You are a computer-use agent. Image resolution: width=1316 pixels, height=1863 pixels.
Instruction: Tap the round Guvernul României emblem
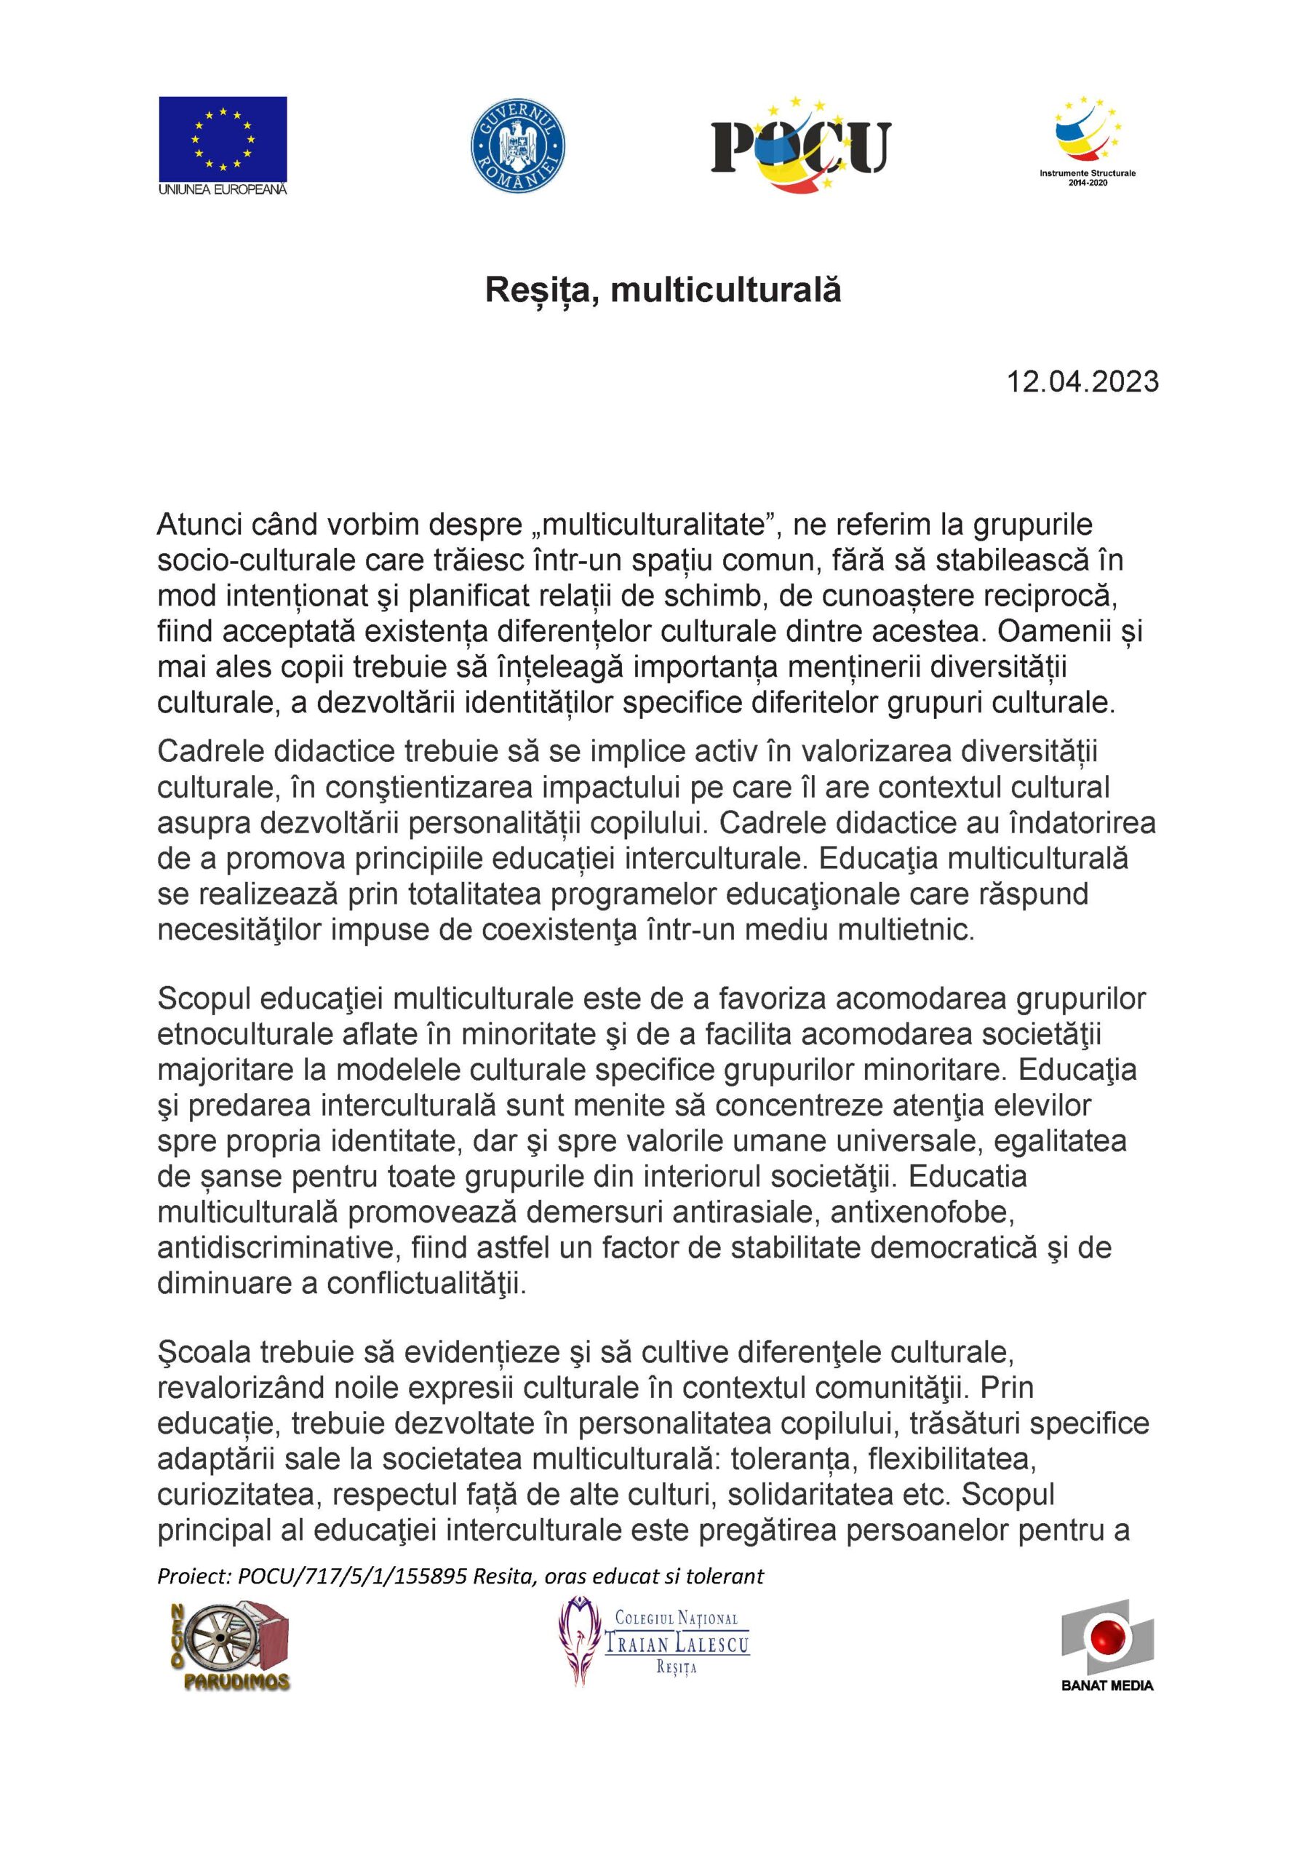click(x=518, y=147)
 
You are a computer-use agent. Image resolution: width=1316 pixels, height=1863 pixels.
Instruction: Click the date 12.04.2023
click(x=1082, y=381)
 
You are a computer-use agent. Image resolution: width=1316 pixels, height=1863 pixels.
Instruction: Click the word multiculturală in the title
click(x=725, y=290)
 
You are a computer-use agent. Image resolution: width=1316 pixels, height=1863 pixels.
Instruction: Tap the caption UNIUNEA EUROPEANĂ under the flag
click(x=223, y=190)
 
